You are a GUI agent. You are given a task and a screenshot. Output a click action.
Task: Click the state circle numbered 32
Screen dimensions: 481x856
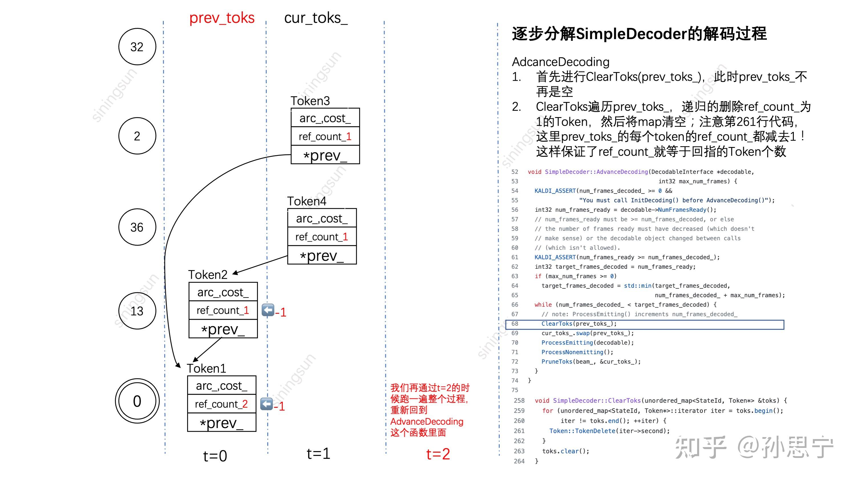[137, 47]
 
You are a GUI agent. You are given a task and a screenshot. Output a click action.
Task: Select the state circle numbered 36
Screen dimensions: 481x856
[137, 227]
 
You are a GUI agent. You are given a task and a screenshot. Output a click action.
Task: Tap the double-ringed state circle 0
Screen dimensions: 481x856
[137, 401]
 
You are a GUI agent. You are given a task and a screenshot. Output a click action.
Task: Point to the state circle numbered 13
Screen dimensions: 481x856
[137, 311]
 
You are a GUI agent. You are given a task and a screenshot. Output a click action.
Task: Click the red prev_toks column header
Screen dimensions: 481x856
[222, 18]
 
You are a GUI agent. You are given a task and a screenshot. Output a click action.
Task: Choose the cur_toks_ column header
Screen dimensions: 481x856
[316, 18]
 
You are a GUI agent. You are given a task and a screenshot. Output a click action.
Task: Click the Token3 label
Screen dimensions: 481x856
[310, 101]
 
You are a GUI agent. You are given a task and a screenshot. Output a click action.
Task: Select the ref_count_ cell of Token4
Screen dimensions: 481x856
[322, 237]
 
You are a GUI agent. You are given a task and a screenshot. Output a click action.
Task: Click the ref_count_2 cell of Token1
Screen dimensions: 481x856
[222, 404]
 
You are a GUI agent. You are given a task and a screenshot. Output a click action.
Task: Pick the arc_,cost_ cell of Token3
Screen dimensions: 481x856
[325, 118]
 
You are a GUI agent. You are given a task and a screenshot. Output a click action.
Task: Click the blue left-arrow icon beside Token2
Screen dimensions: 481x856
[268, 310]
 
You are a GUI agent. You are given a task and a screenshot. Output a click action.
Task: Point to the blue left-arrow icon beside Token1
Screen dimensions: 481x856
[266, 404]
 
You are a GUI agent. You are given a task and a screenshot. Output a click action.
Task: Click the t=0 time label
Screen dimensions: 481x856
[215, 456]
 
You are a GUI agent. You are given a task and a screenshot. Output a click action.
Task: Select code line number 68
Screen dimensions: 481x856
[515, 324]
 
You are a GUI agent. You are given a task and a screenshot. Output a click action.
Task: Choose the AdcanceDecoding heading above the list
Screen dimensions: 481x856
[560, 62]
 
